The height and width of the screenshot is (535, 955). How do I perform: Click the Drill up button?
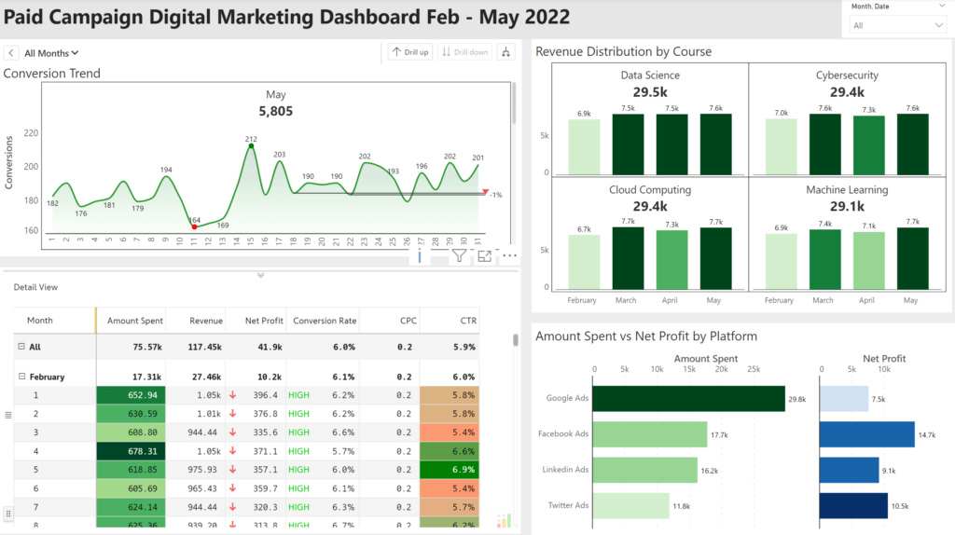[x=410, y=52]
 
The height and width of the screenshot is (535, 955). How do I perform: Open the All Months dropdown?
[x=51, y=53]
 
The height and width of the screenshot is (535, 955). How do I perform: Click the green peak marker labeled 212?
[x=251, y=146]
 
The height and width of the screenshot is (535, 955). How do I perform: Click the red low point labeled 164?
[x=194, y=226]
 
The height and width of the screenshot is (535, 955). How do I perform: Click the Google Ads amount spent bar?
[x=689, y=398]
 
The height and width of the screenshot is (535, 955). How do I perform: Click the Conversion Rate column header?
[x=325, y=321]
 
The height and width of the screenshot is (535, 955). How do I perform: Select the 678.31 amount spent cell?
[x=130, y=450]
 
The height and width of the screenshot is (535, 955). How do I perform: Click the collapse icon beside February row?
[x=21, y=377]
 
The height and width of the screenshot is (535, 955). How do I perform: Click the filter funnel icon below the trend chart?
[x=459, y=256]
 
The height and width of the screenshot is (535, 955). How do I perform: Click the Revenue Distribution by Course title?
[x=623, y=52]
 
